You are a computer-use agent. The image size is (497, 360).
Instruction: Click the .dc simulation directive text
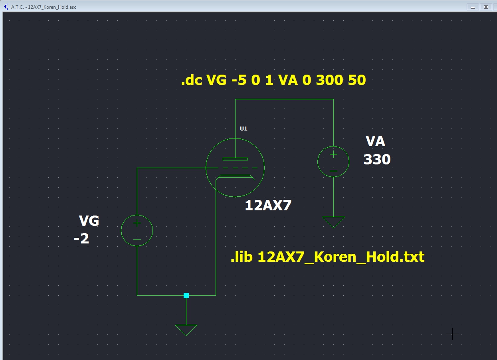[x=273, y=80]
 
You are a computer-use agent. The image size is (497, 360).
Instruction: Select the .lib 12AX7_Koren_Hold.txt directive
[x=327, y=257]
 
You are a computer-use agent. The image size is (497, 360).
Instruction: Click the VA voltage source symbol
[x=333, y=162]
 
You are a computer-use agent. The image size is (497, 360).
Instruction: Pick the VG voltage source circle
[x=137, y=230]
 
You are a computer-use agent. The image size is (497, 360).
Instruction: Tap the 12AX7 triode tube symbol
[x=235, y=168]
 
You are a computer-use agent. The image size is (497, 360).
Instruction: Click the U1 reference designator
[x=244, y=129]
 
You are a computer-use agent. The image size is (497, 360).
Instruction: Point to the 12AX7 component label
[x=268, y=206]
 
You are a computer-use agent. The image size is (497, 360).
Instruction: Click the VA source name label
[x=375, y=141]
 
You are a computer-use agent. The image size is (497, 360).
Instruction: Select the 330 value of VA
[x=377, y=160]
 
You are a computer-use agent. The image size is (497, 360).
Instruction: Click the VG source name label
[x=89, y=221]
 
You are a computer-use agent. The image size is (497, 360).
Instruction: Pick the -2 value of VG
[x=81, y=239]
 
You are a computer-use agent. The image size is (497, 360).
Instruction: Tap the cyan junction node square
[x=186, y=295]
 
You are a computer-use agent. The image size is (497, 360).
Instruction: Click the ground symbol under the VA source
[x=333, y=222]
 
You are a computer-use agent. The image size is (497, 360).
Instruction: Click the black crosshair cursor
[x=452, y=334]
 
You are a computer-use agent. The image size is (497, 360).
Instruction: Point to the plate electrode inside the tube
[x=235, y=159]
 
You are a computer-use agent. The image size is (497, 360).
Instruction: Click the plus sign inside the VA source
[x=333, y=154]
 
